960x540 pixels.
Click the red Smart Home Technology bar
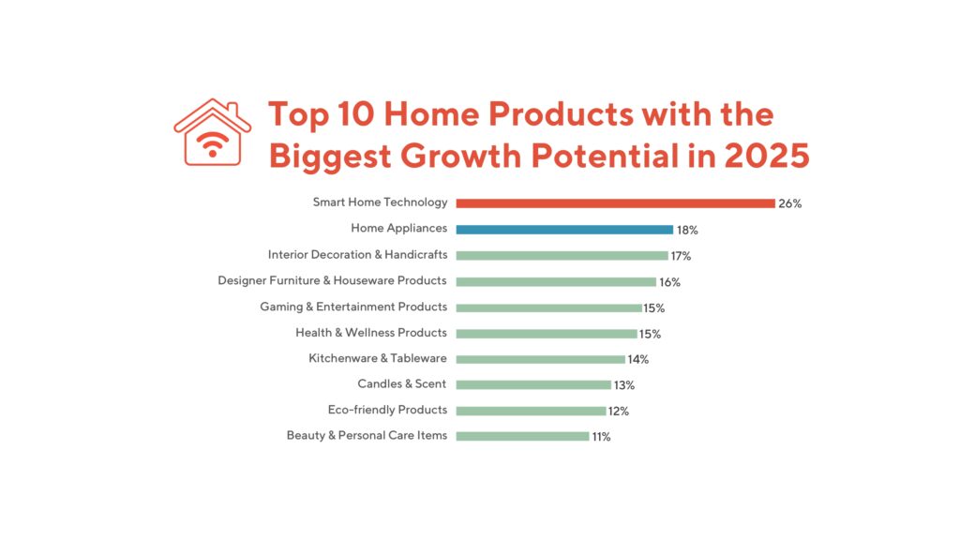(615, 203)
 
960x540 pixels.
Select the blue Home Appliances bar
(564, 229)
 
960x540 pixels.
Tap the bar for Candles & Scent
(533, 384)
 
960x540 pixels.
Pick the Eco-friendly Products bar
(531, 411)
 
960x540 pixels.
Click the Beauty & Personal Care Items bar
(522, 436)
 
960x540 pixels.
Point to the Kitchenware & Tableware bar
(540, 359)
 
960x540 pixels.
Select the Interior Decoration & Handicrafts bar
(562, 255)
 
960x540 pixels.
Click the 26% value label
(789, 203)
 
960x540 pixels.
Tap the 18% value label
(687, 230)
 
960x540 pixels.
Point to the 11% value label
(601, 437)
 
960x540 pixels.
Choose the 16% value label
(669, 282)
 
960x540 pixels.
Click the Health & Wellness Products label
(371, 333)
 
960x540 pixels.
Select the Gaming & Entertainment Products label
(353, 307)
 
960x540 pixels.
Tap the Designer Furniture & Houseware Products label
(332, 280)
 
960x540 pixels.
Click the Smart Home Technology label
(380, 202)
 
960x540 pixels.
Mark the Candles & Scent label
(402, 384)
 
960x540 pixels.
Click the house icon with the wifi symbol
(213, 133)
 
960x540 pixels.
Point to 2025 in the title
(766, 156)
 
